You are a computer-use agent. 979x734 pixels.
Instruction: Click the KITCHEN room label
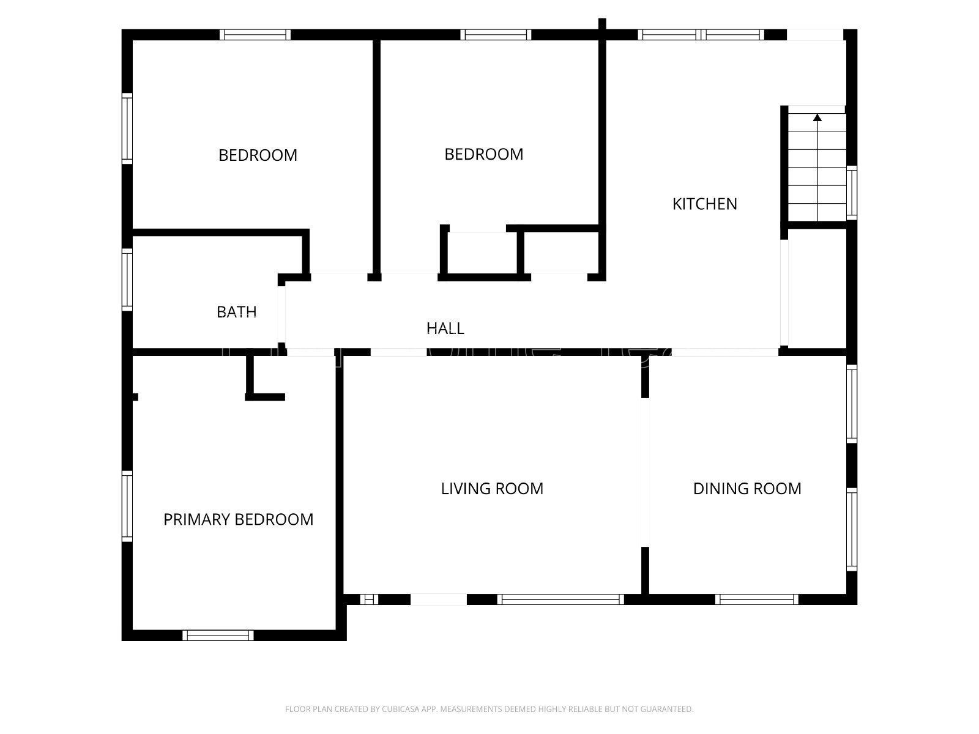(704, 204)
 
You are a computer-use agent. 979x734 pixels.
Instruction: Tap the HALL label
(445, 328)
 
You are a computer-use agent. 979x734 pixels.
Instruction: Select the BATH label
(236, 312)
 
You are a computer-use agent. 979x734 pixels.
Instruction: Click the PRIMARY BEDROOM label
(238, 519)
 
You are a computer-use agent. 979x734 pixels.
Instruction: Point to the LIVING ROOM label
(492, 488)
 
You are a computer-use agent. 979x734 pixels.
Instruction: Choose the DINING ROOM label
(746, 488)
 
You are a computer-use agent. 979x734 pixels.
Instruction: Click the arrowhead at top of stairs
(817, 117)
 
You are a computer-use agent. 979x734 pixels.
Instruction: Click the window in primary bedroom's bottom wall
(218, 635)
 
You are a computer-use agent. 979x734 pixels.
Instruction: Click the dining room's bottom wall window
(757, 599)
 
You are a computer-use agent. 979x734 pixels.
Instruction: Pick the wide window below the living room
(560, 599)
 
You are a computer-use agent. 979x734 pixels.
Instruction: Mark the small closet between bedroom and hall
(483, 253)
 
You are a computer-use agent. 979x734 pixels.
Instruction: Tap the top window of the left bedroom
(255, 34)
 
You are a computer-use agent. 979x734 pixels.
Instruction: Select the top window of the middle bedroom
(496, 34)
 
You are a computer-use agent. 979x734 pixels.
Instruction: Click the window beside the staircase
(851, 191)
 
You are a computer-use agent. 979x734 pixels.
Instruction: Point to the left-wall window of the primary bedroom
(127, 506)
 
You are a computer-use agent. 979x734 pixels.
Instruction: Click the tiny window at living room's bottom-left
(368, 599)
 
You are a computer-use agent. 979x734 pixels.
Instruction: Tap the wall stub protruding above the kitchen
(602, 24)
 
